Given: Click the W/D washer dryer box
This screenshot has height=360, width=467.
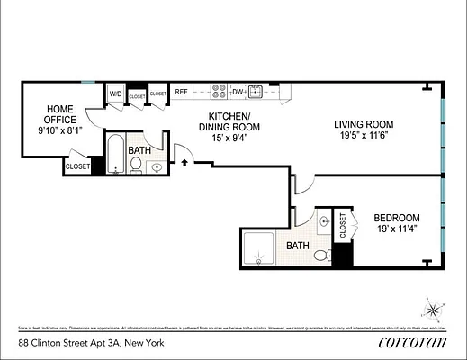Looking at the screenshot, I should (116, 94).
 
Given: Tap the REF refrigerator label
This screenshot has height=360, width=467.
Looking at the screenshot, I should (181, 92).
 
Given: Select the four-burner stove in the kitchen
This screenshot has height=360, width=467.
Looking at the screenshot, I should (219, 92).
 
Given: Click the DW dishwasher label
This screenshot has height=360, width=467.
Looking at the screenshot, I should (238, 92).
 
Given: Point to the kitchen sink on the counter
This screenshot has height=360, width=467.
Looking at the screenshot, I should (256, 92).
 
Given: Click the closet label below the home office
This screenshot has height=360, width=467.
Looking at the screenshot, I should (77, 166).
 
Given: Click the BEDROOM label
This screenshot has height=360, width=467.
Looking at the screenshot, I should (397, 218).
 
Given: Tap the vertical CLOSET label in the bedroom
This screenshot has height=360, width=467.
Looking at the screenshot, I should (343, 225).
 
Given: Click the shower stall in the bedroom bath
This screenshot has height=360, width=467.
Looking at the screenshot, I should (262, 248).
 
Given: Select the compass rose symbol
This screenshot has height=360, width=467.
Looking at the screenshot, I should (435, 311).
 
